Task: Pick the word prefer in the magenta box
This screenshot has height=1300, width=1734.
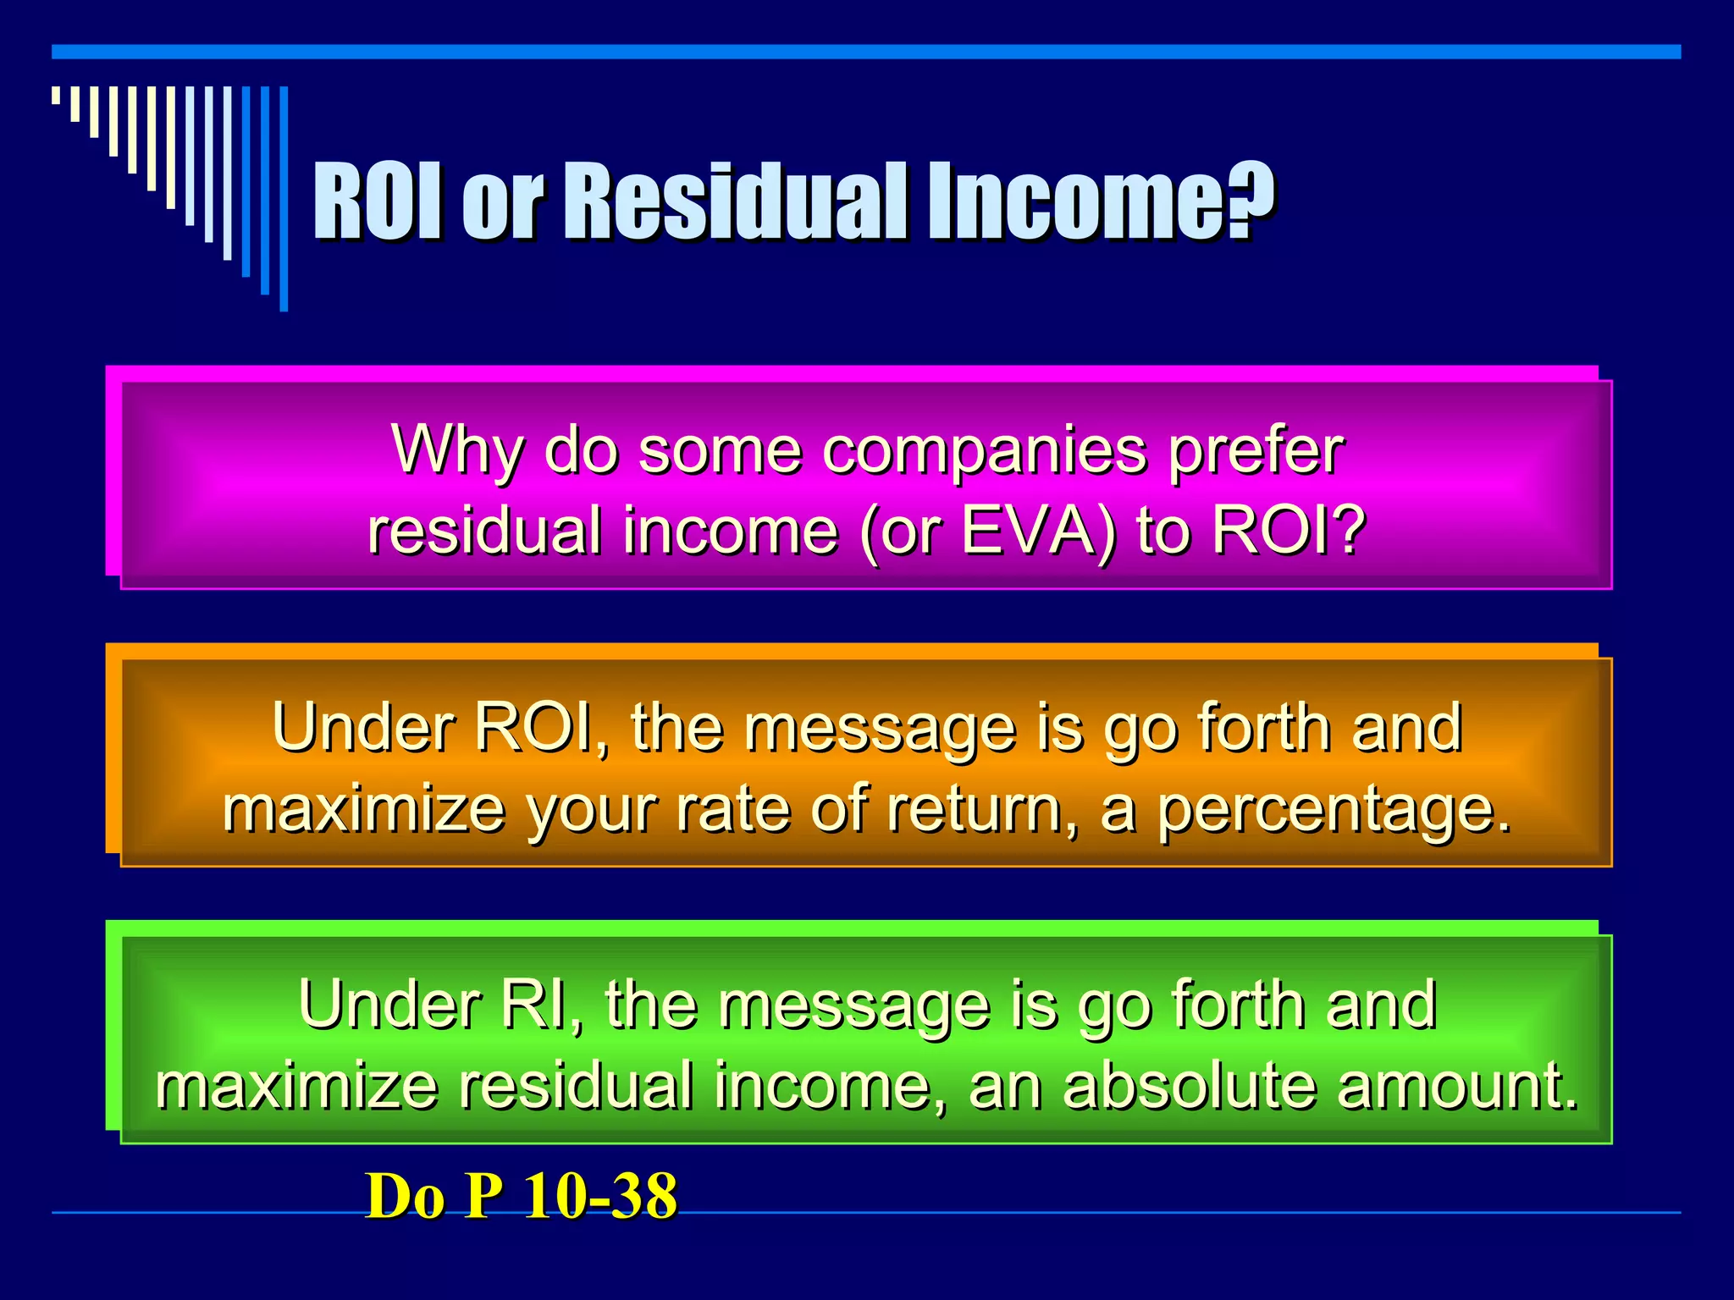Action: point(1256,451)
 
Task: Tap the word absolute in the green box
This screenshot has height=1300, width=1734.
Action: point(1190,1086)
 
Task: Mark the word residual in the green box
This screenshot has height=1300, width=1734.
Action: point(576,1086)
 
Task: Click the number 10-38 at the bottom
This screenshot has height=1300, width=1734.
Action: point(600,1197)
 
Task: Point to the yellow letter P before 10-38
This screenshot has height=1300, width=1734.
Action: point(484,1197)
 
